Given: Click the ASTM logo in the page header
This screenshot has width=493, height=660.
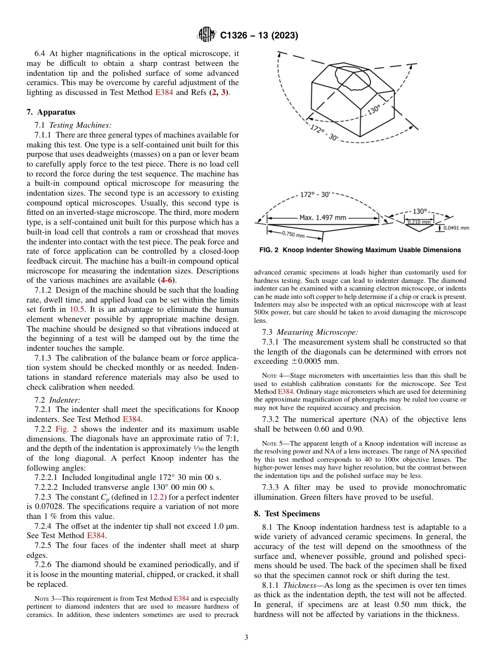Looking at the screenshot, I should [207, 36].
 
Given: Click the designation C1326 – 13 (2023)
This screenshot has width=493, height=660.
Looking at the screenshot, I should [258, 36].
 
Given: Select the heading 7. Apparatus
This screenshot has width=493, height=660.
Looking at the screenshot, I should [51, 112].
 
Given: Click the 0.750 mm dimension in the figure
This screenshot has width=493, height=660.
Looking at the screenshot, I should [293, 234].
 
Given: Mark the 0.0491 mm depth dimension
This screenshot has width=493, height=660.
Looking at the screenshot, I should [457, 227].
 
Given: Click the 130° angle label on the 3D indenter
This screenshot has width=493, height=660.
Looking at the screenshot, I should [373, 110].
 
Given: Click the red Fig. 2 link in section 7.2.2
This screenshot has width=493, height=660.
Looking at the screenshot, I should [66, 429].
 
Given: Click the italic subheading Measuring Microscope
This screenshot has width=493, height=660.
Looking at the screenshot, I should [317, 332].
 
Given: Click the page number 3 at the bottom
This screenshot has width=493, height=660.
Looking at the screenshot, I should [246, 638].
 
